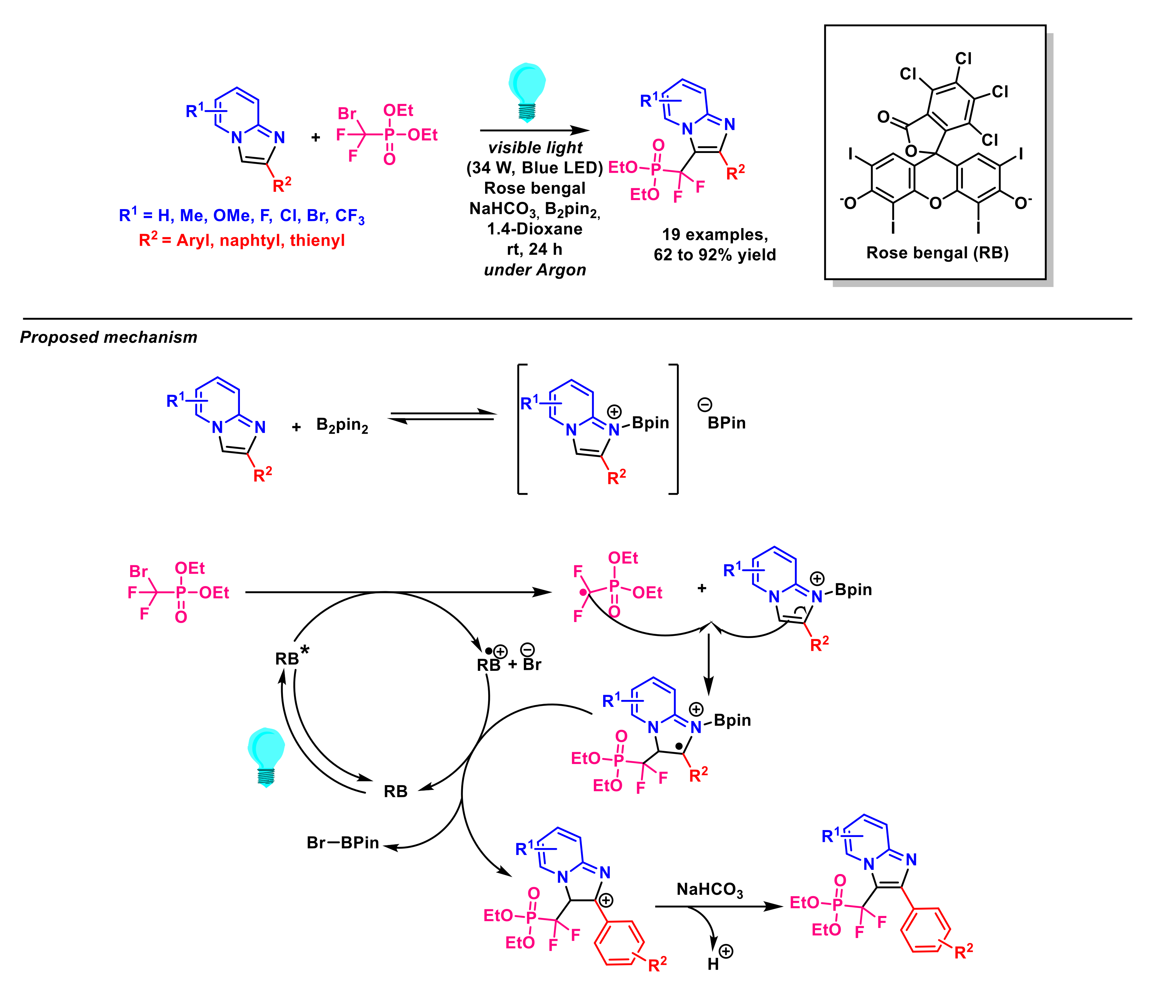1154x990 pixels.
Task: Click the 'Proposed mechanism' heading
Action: click(109, 337)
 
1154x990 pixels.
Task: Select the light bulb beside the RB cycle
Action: click(266, 756)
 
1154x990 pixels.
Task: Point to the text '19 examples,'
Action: click(715, 234)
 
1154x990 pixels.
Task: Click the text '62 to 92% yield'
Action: click(715, 255)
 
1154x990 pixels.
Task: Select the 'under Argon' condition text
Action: click(535, 270)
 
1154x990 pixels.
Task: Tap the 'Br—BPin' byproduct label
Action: click(342, 843)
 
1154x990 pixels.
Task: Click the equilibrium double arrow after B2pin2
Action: click(442, 416)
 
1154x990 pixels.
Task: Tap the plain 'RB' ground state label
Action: click(395, 791)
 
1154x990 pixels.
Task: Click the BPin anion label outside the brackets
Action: click(726, 423)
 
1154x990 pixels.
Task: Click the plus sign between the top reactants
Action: click(316, 137)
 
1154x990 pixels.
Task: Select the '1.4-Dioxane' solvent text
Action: click(535, 229)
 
